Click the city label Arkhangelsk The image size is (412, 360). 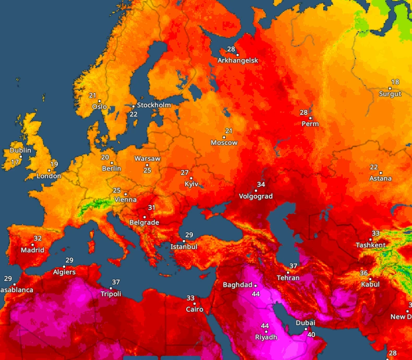238,61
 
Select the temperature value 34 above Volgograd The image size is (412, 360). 261,185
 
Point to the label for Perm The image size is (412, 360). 310,124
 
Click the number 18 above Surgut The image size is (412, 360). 395,82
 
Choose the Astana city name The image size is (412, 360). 380,178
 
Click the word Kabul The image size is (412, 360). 370,284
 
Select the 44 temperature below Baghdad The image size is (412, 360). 256,294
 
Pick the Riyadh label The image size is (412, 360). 266,337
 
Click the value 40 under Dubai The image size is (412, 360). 311,334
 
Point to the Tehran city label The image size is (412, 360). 288,278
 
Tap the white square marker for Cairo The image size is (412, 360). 195,304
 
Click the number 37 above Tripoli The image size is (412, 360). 116,282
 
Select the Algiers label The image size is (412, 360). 64,272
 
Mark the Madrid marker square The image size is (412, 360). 32,244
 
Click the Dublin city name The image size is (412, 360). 20,150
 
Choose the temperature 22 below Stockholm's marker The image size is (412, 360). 134,114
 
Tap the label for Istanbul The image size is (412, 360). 184,246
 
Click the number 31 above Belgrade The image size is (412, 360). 152,208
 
